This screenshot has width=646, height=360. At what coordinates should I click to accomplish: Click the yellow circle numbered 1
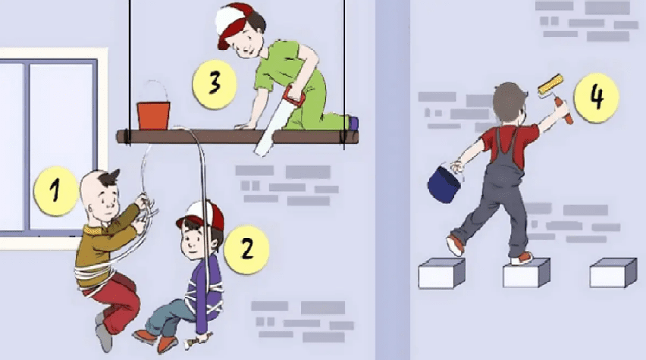pos(55,191)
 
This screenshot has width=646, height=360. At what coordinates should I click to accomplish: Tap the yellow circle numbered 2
pos(246,249)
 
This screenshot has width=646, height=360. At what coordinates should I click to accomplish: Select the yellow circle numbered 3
pos(215,84)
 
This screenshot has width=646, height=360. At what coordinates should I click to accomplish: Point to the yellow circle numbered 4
pos(596,98)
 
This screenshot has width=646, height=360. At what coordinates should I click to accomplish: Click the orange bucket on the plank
pos(153,116)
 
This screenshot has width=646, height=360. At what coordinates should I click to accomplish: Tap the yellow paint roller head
pos(550,84)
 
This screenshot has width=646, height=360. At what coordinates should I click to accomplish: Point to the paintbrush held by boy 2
pos(198,340)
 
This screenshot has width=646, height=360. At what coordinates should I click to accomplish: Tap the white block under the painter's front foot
pos(527,272)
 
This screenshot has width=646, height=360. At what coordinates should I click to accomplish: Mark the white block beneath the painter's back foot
pos(441,273)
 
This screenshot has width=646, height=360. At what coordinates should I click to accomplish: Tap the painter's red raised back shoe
pos(455,245)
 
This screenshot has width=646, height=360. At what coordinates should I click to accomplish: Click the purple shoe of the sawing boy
pos(353,123)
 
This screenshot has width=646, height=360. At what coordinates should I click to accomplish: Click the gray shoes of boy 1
pos(103,332)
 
